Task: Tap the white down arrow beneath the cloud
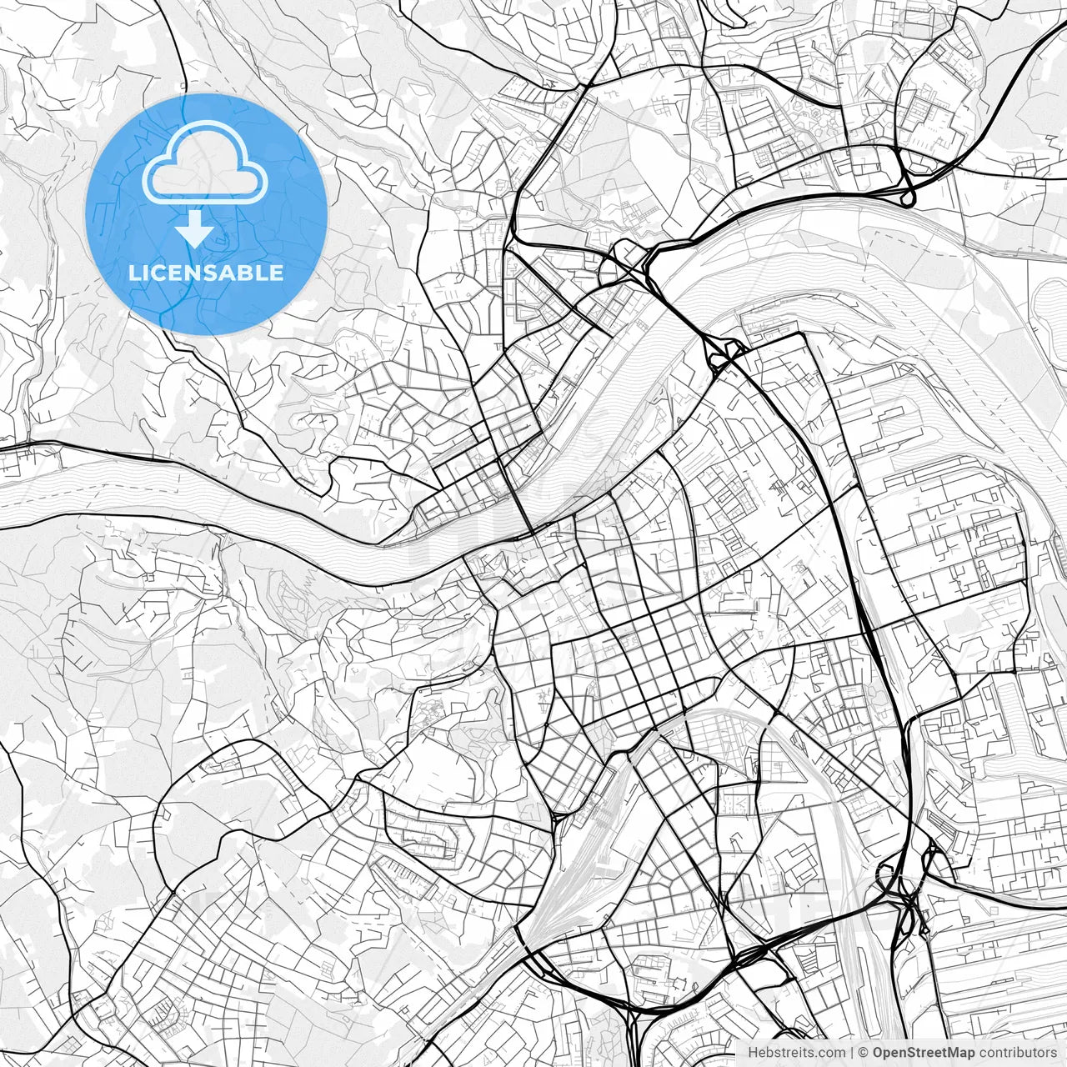[194, 228]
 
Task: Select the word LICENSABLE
[206, 273]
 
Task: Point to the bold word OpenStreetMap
[924, 1053]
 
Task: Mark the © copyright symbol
[864, 1053]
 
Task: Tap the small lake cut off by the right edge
[1052, 304]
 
